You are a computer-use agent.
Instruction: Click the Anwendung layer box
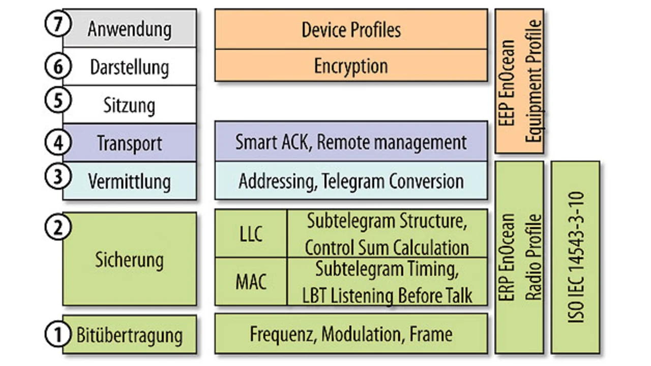(x=130, y=29)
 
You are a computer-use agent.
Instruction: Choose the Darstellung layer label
(x=129, y=67)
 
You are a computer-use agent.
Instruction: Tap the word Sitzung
(x=129, y=105)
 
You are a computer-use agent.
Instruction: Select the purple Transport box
(x=129, y=143)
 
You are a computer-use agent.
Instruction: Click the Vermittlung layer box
(x=129, y=181)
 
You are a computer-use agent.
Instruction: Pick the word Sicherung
(x=129, y=260)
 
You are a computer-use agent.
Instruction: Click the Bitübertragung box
(x=129, y=335)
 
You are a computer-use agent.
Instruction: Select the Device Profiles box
(x=351, y=30)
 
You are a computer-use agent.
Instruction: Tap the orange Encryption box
(x=351, y=66)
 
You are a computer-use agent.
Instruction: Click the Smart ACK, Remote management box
(x=351, y=142)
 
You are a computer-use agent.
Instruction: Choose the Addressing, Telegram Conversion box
(x=351, y=181)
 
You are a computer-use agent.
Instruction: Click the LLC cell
(x=251, y=234)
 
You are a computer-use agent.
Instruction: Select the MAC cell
(x=251, y=281)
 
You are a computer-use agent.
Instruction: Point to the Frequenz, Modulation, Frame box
(x=351, y=334)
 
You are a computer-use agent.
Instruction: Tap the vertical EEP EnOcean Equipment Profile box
(x=519, y=81)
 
